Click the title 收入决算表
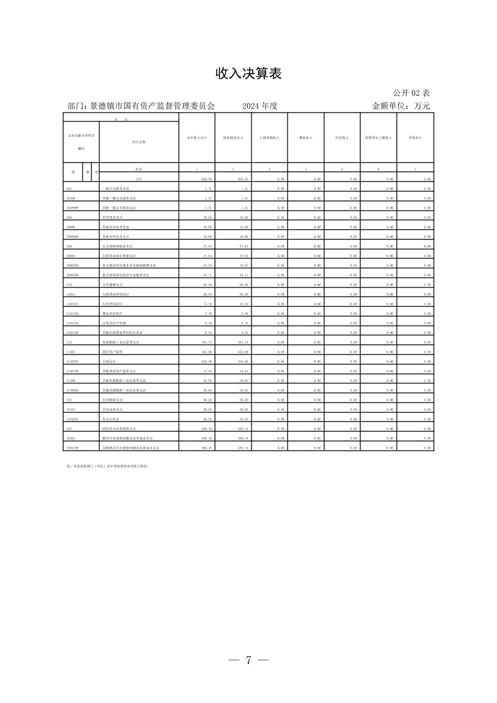248,74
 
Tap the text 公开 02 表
411,93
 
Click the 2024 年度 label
260,106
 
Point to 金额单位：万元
401,106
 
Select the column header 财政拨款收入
233,138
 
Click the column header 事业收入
306,138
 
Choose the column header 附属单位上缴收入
378,138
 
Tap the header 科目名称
139,142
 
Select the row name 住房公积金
111,419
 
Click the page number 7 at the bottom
248,660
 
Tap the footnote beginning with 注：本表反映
107,466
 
